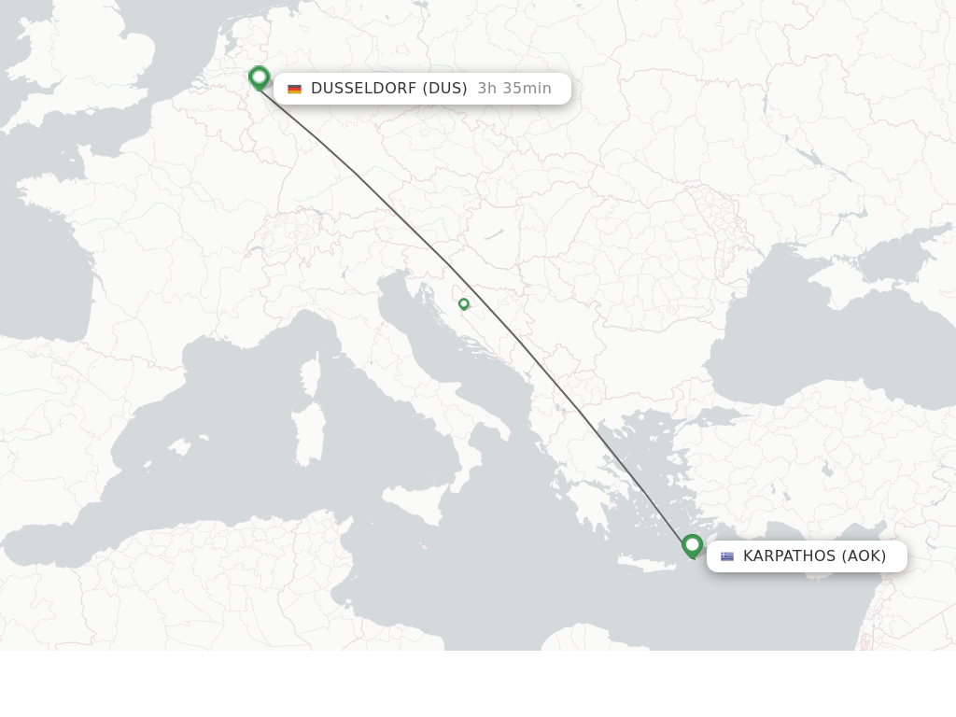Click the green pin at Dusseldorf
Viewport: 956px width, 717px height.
(260, 77)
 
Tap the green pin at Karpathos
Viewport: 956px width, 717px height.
(692, 545)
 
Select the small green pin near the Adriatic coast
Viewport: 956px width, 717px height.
(464, 304)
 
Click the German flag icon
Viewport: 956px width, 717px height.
(295, 89)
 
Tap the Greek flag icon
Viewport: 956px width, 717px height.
(727, 556)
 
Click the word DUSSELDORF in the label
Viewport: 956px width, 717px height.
(363, 89)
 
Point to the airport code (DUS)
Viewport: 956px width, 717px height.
(445, 89)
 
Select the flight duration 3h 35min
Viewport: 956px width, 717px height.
(514, 89)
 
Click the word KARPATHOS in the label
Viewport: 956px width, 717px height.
(789, 556)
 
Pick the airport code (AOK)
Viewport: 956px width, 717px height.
(865, 556)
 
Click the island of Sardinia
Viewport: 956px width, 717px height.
(305, 434)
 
